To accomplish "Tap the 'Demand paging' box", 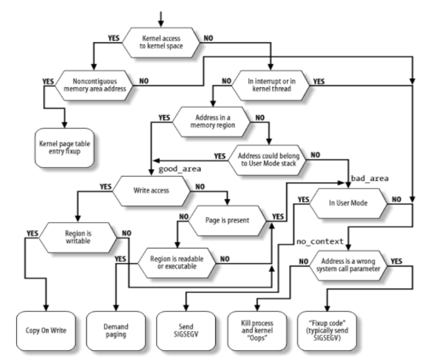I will [113, 330].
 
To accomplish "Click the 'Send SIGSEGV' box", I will [186, 330].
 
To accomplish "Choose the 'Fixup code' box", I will [330, 330].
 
